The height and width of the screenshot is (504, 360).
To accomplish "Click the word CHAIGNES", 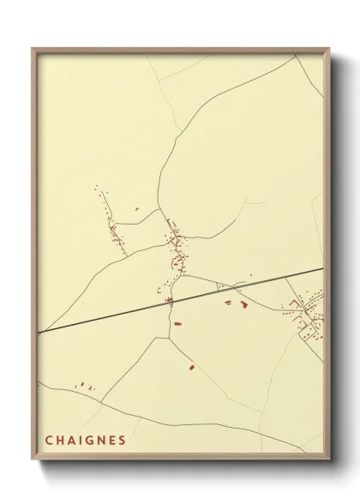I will (x=86, y=441).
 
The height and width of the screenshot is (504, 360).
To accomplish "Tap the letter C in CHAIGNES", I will (x=49, y=441).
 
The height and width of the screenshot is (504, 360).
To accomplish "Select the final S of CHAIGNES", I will (x=123, y=441).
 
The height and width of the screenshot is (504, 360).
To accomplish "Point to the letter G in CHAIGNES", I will (x=90, y=441).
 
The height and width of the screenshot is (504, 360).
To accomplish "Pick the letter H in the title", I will (x=60, y=441).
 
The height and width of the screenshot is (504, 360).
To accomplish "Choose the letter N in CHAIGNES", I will (x=101, y=441).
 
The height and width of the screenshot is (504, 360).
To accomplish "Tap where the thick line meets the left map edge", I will (x=39, y=332).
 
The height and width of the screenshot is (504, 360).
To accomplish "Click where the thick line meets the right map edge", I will (x=322, y=268).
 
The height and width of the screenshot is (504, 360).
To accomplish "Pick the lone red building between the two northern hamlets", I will (x=136, y=207).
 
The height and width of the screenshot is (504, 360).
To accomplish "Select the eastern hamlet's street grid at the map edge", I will (x=307, y=314).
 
